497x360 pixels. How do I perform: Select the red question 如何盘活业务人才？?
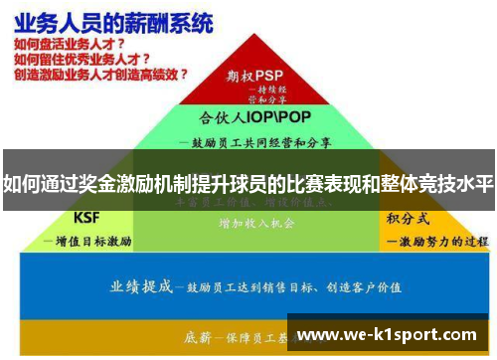69,44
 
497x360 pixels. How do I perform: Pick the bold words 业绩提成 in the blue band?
141,285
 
